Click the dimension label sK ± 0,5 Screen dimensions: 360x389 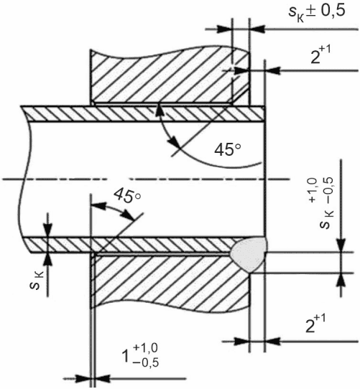[x=317, y=13]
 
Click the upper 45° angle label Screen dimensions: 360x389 [x=228, y=149]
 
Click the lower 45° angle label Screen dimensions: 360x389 [x=127, y=195]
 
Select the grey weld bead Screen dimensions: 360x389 [x=249, y=253]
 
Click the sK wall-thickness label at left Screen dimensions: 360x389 [x=36, y=281]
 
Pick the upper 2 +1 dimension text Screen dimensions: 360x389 [x=320, y=56]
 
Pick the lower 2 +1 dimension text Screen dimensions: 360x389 [x=315, y=324]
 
